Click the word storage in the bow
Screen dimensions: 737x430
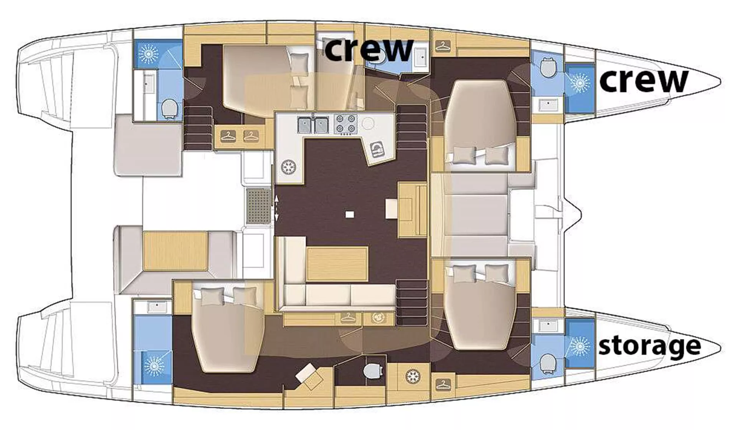coord(649,346)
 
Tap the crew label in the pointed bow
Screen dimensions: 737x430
coord(643,80)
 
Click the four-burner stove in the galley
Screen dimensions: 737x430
coord(345,124)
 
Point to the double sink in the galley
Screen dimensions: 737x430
coord(313,125)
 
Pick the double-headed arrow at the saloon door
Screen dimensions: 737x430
coord(276,208)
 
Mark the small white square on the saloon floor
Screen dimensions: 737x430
coord(349,214)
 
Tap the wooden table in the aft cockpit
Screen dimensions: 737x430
coord(175,250)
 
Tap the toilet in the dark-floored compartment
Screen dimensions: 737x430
coord(373,371)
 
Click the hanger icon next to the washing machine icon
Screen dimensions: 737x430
coord(348,318)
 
